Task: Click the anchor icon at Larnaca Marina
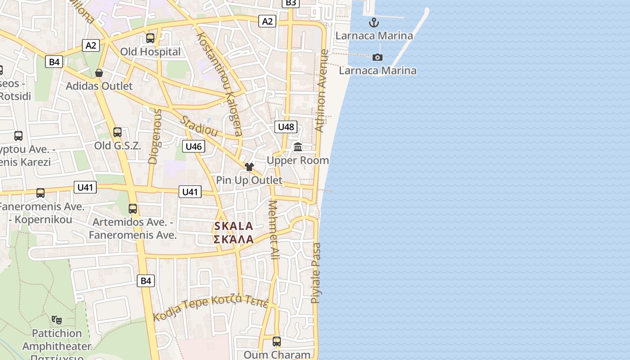373,22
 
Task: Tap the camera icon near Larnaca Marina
377,57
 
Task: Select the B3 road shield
291,3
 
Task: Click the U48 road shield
286,127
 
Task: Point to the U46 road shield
193,146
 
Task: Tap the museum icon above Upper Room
297,147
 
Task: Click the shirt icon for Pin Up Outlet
249,167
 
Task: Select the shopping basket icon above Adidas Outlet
99,73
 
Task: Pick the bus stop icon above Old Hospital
150,38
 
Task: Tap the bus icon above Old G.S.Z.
117,132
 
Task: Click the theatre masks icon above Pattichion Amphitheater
57,320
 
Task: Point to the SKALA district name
234,226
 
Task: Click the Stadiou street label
199,126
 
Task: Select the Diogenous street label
154,136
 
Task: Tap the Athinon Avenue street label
321,90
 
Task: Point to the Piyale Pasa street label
316,273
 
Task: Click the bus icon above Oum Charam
277,342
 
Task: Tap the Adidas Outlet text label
99,86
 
